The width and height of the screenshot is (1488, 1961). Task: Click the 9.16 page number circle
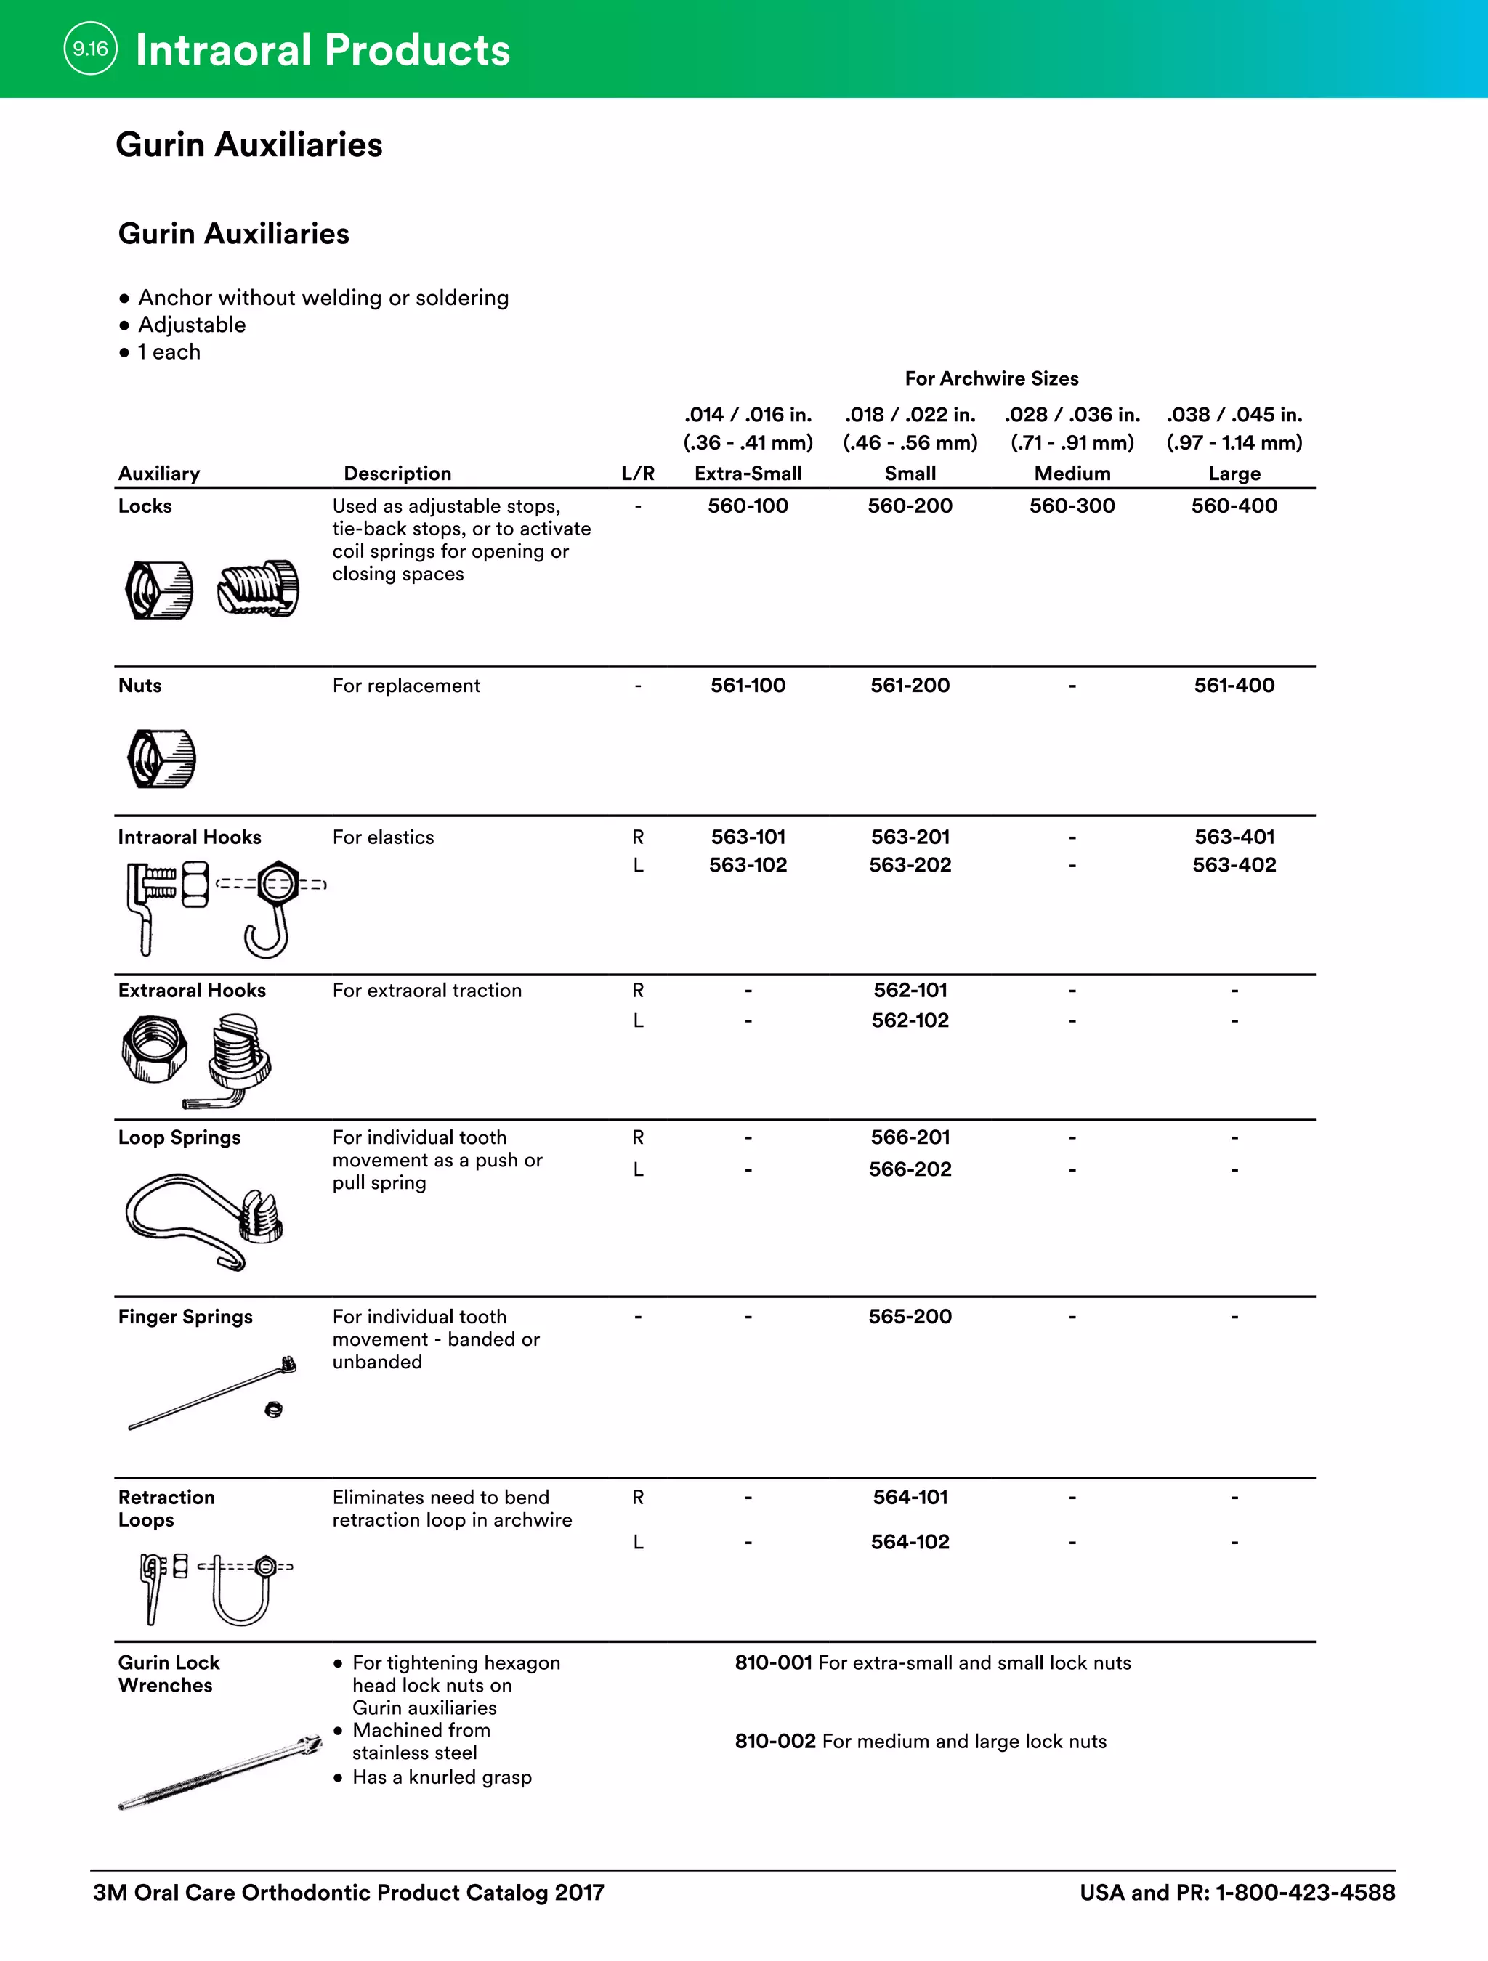pyautogui.click(x=90, y=49)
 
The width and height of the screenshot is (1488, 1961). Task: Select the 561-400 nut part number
pyautogui.click(x=1234, y=686)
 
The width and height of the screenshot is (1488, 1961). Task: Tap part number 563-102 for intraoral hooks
pyautogui.click(x=748, y=865)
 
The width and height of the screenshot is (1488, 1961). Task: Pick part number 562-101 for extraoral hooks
pyautogui.click(x=910, y=990)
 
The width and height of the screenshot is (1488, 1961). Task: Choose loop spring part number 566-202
pyautogui.click(x=910, y=1169)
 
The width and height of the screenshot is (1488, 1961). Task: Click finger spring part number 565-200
pyautogui.click(x=910, y=1317)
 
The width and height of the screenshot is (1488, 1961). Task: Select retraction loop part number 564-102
pyautogui.click(x=910, y=1542)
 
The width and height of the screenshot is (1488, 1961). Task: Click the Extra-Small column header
pyautogui.click(x=748, y=474)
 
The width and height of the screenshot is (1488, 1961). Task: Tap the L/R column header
pyautogui.click(x=638, y=474)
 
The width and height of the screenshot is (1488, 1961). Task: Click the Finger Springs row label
pyautogui.click(x=185, y=1317)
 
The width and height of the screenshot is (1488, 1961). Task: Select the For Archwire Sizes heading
pyautogui.click(x=992, y=378)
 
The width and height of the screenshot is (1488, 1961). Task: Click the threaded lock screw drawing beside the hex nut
pyautogui.click(x=258, y=588)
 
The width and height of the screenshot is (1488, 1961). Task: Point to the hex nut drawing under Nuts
pyautogui.click(x=161, y=759)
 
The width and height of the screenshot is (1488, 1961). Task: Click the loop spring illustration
pyautogui.click(x=204, y=1219)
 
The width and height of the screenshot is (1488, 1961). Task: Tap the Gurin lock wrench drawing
pyautogui.click(x=220, y=1772)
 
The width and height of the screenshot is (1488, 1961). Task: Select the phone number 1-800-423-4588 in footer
pyautogui.click(x=1304, y=1893)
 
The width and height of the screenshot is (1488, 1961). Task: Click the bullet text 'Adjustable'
pyautogui.click(x=192, y=325)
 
